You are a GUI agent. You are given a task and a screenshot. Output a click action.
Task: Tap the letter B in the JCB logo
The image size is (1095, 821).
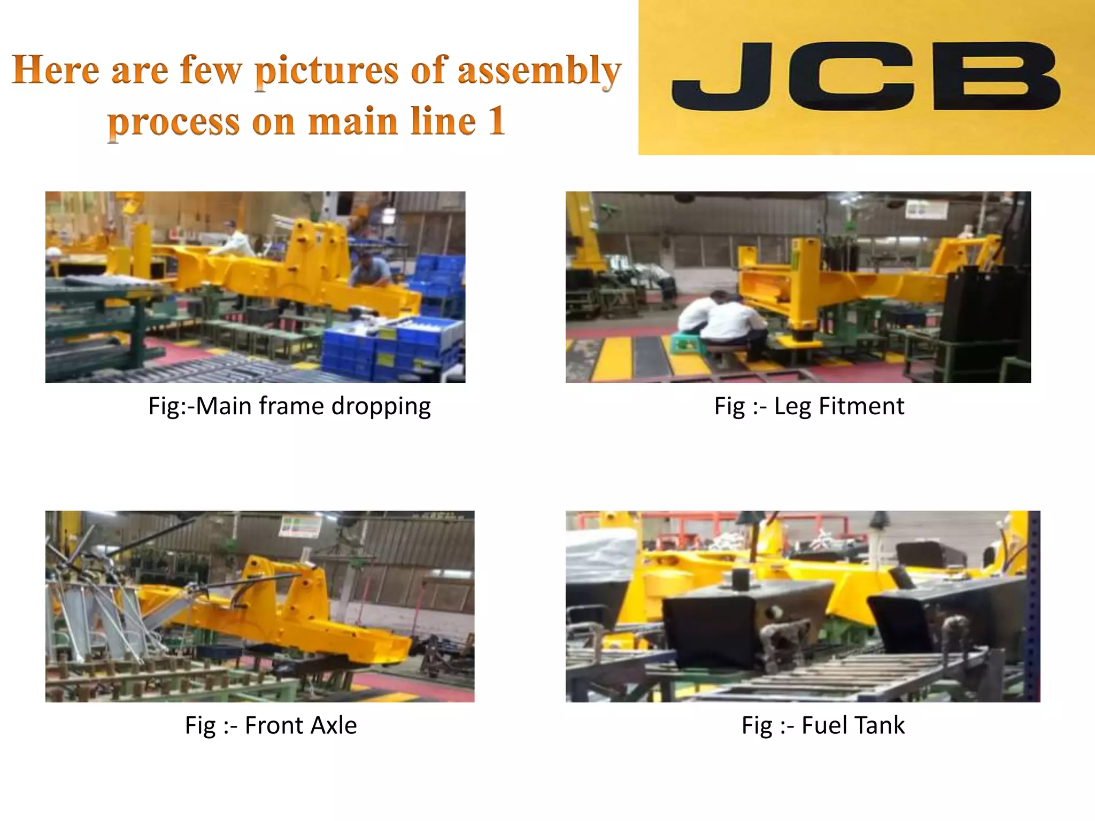click(x=996, y=76)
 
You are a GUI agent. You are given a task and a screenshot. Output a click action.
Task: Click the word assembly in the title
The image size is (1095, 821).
click(x=539, y=71)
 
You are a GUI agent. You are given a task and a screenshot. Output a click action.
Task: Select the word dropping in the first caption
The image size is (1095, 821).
click(x=381, y=407)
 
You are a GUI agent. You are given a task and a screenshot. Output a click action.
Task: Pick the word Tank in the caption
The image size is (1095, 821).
click(x=880, y=725)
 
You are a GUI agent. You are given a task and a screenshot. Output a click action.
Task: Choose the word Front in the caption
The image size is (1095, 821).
click(x=274, y=725)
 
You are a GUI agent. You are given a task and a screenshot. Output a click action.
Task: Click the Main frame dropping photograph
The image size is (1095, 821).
click(x=255, y=287)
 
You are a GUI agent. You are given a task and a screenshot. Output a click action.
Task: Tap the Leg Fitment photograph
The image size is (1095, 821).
click(x=798, y=287)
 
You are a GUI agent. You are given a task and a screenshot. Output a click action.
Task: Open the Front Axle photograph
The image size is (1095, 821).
click(x=259, y=606)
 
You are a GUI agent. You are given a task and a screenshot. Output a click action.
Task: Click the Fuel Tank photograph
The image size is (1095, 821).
click(x=803, y=606)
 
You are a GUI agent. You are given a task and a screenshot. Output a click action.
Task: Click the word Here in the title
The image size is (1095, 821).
click(x=56, y=70)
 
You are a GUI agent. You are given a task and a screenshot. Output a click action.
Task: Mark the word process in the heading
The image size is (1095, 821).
click(x=174, y=122)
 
